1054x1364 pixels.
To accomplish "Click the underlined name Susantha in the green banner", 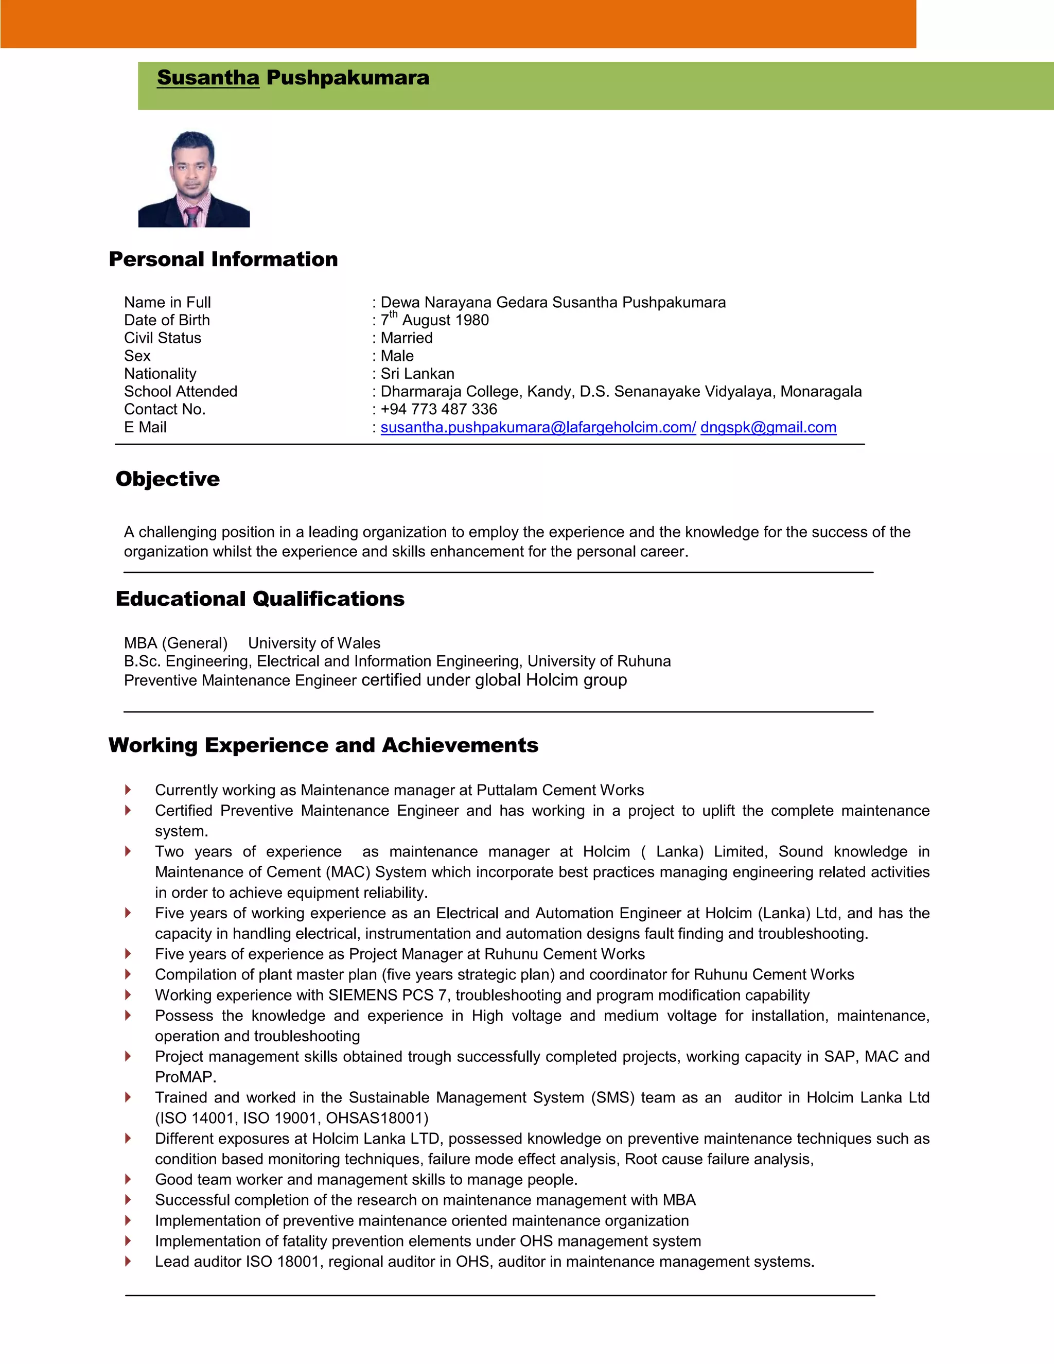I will click(208, 78).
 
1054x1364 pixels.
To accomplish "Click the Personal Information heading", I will click(223, 259).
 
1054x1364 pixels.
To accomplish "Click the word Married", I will click(407, 338).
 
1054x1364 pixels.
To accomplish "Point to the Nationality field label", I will click(160, 374).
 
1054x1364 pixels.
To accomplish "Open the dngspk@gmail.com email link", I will click(768, 427).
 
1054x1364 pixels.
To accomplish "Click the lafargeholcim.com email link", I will click(538, 427).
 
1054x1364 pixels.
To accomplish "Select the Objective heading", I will click(167, 479).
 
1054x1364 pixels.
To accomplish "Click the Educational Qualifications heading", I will click(260, 599).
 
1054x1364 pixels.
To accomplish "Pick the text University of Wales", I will click(314, 643).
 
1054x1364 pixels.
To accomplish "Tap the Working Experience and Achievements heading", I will click(323, 745).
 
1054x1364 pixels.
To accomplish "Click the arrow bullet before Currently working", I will click(128, 790).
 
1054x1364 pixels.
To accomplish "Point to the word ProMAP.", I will click(185, 1077).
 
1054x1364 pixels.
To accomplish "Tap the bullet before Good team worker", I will click(128, 1179).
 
